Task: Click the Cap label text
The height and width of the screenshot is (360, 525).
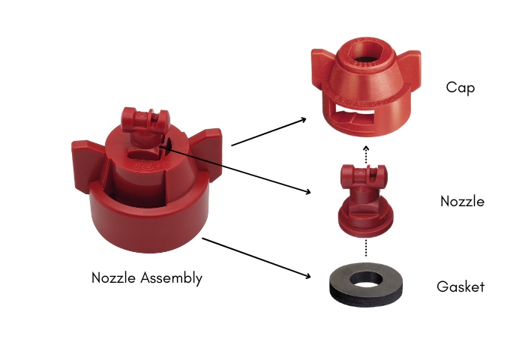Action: (x=460, y=88)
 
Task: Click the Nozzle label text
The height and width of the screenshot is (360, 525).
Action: (x=462, y=201)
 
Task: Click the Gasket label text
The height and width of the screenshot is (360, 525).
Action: (x=460, y=286)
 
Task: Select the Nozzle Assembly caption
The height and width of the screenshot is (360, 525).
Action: (x=147, y=277)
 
